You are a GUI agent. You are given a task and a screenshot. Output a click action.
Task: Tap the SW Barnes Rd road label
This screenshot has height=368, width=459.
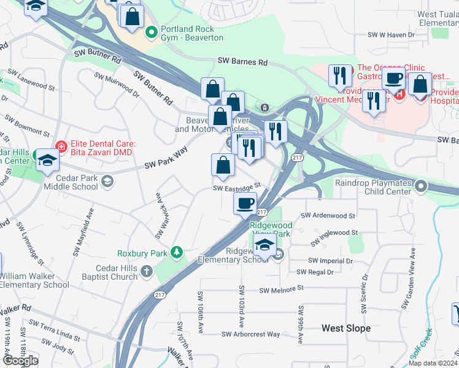(x=243, y=61)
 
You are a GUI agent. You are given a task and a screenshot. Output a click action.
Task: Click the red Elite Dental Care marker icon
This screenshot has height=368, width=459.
(x=61, y=147)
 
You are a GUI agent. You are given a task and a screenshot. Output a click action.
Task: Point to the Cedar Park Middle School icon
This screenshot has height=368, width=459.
(x=107, y=180)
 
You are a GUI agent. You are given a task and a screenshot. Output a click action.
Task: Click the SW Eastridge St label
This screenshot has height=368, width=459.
(x=237, y=186)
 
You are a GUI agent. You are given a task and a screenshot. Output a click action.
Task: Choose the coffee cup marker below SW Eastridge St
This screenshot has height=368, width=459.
(x=245, y=204)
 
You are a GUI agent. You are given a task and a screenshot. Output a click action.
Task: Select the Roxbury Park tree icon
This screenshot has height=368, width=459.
(x=177, y=252)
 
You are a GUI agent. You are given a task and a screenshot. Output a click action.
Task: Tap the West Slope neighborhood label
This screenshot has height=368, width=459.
(x=346, y=328)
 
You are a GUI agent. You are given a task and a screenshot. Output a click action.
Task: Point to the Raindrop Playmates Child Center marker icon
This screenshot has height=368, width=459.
(x=421, y=185)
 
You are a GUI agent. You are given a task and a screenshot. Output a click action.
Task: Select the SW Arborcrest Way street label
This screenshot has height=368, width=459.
(x=250, y=334)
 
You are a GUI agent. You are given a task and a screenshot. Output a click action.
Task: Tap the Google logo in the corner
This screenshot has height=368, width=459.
(x=20, y=361)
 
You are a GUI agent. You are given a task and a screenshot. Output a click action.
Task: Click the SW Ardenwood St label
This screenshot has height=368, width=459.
(x=328, y=216)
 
